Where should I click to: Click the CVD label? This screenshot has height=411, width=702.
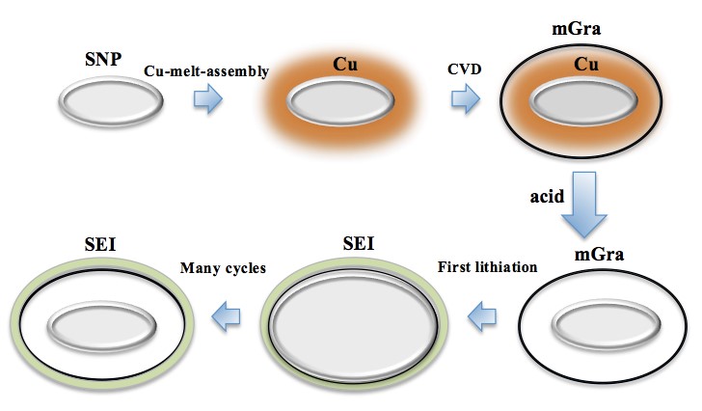tap(466, 70)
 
